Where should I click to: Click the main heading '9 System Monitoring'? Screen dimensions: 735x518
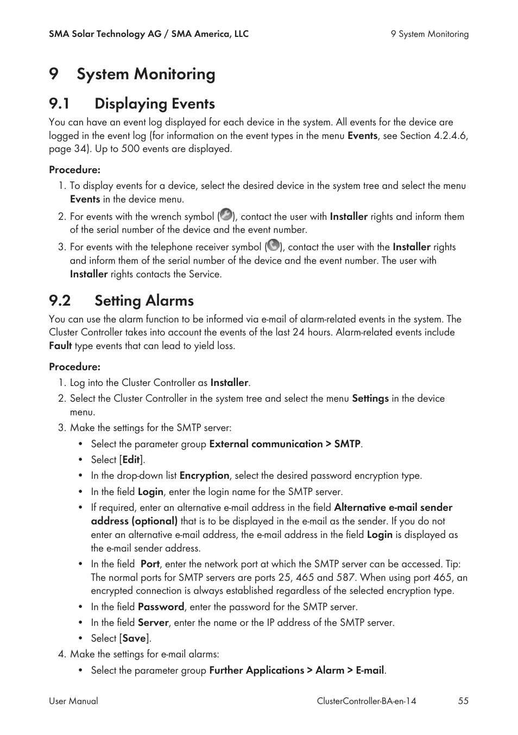click(132, 74)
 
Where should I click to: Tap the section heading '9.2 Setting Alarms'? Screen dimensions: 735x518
click(121, 301)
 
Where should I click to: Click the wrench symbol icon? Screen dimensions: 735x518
click(226, 215)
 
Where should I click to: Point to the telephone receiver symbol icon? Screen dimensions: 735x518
click(273, 245)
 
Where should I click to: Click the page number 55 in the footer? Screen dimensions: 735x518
click(463, 701)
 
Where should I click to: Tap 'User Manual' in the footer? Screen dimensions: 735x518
click(73, 701)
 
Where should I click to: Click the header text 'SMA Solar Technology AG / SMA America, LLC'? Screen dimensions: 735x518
click(148, 34)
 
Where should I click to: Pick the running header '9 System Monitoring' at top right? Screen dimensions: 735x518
click(429, 34)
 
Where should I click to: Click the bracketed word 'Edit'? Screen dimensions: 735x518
click(131, 460)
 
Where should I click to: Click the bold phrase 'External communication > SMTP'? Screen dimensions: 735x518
click(285, 444)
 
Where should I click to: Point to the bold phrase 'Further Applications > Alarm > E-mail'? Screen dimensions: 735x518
click(296, 670)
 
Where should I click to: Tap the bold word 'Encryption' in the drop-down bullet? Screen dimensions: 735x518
click(204, 476)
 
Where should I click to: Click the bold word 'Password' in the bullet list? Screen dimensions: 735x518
click(161, 607)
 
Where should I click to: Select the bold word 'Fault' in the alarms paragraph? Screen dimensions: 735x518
click(60, 346)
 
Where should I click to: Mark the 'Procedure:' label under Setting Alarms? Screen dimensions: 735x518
click(74, 367)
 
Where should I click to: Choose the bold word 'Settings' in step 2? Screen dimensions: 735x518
click(370, 398)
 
